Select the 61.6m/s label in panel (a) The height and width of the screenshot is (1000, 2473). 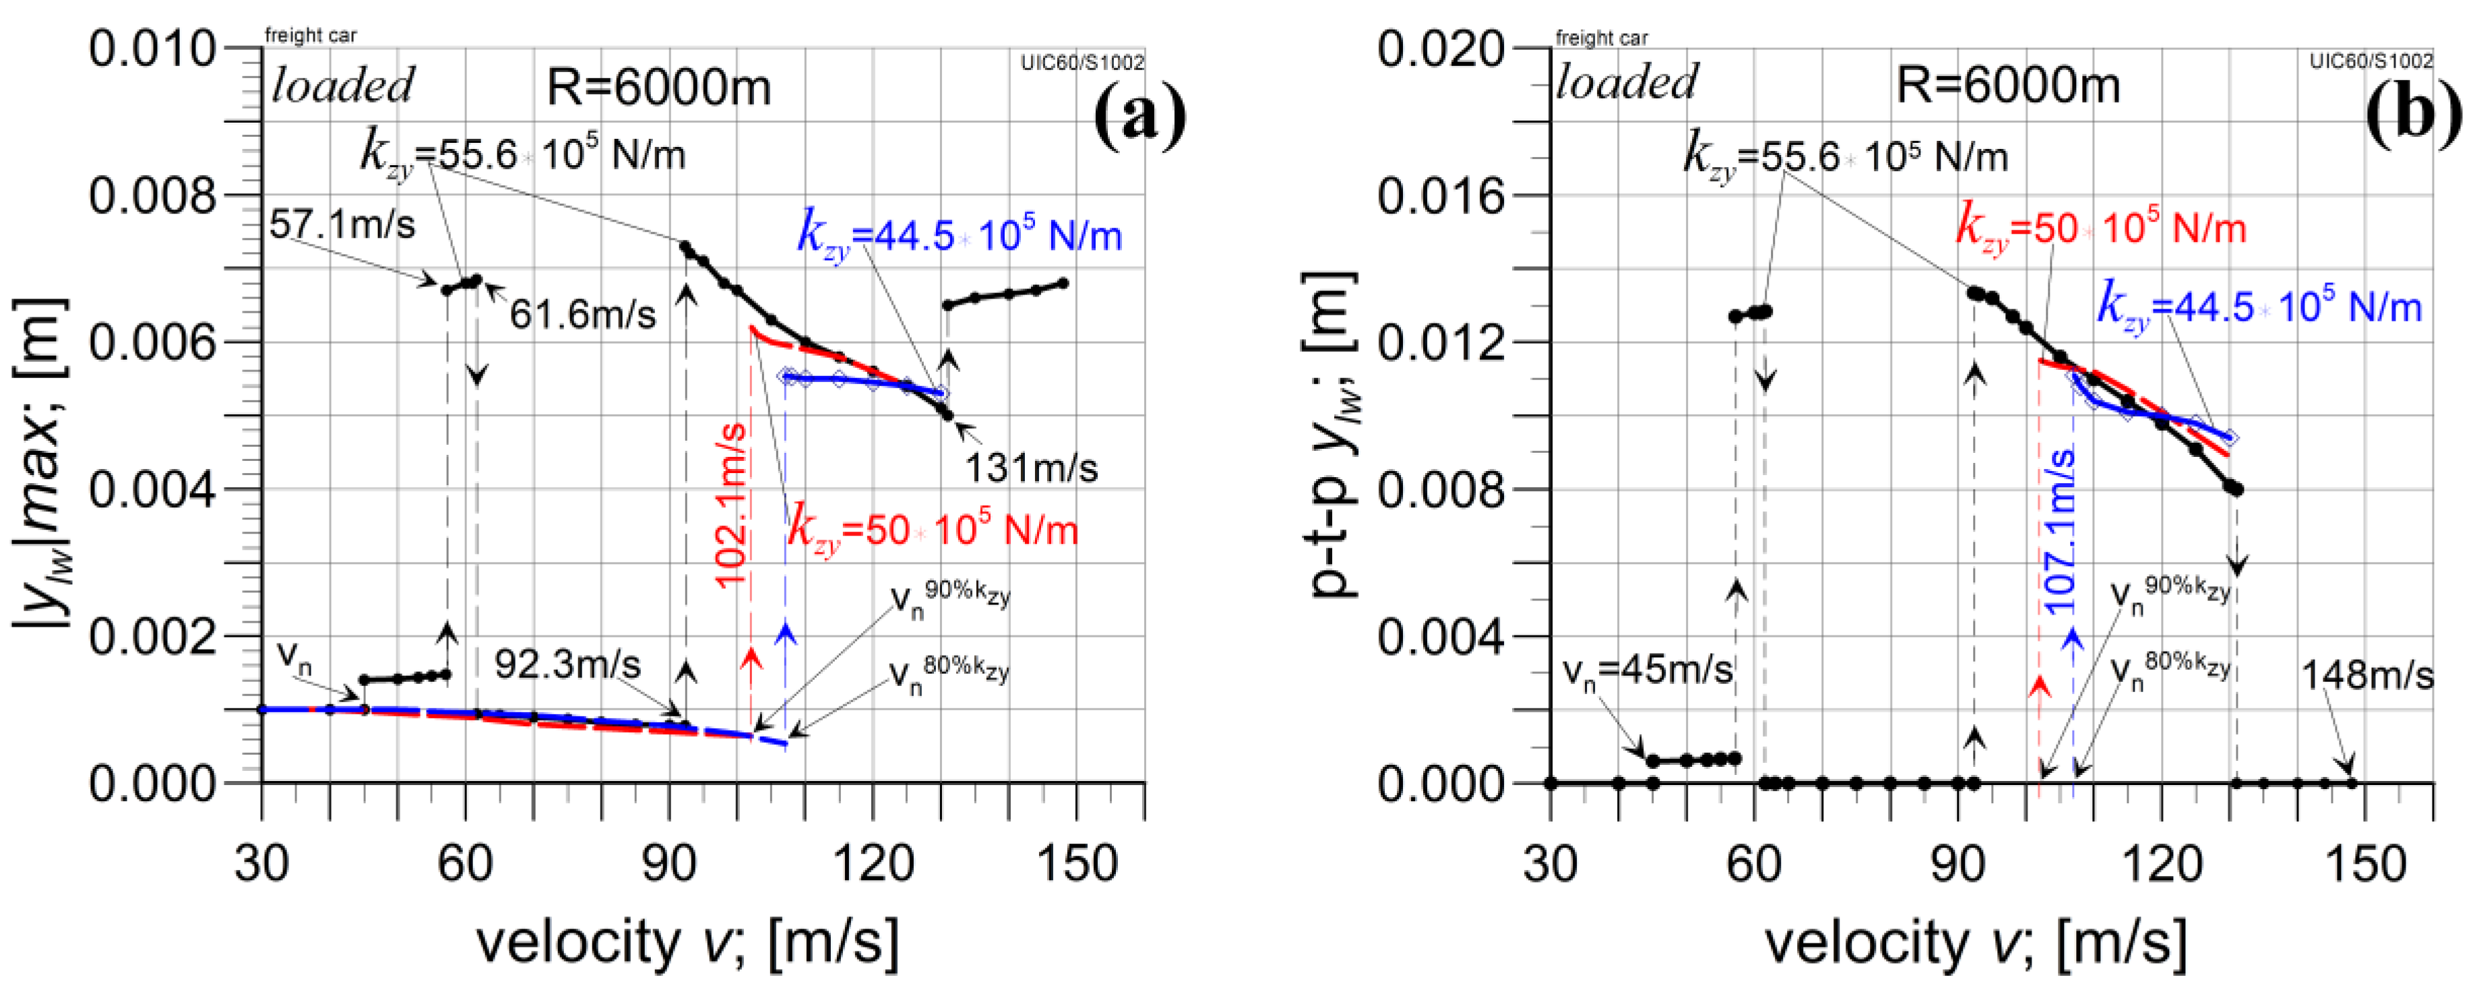[x=583, y=314]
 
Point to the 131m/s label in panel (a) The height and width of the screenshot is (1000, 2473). [x=1030, y=468]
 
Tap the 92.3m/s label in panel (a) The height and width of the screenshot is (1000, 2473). [x=567, y=664]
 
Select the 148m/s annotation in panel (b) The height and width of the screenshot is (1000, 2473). [x=2367, y=677]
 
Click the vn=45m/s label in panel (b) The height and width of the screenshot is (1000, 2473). [x=1648, y=669]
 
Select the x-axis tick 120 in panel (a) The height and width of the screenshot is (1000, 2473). [x=872, y=864]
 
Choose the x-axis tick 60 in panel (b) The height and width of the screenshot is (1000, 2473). [x=1754, y=864]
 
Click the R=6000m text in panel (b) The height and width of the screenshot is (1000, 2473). [x=2007, y=86]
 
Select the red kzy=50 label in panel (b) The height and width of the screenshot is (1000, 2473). [x=2100, y=228]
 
